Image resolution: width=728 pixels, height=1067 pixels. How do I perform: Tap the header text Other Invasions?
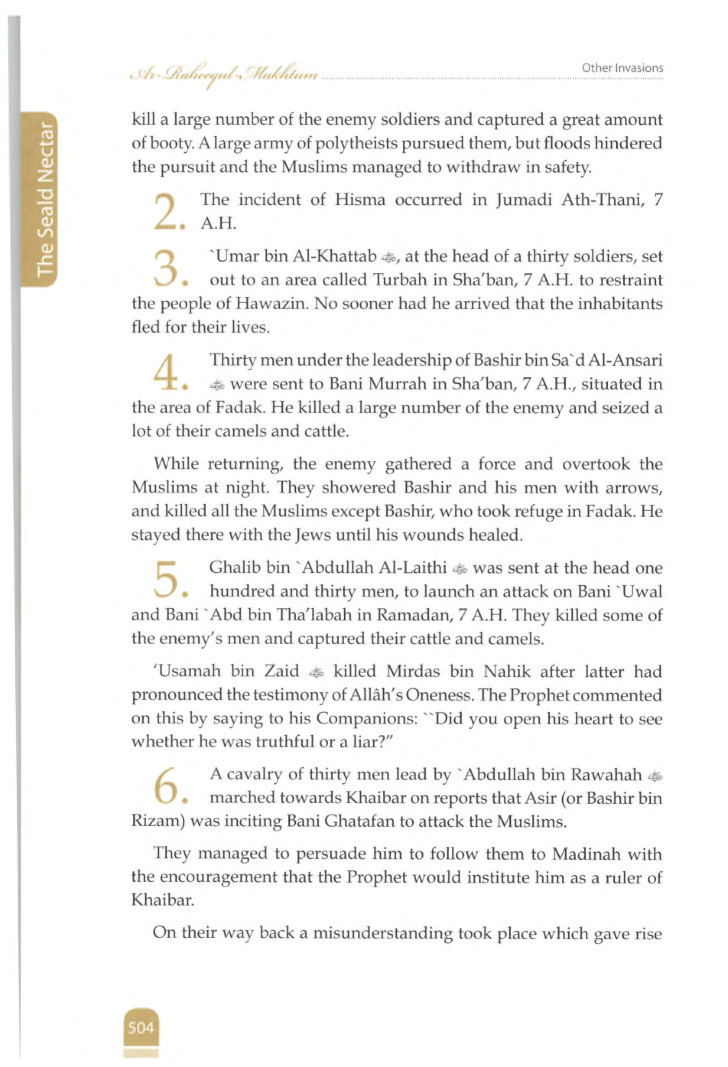pyautogui.click(x=622, y=68)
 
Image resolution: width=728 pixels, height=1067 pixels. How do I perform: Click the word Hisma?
pyautogui.click(x=360, y=200)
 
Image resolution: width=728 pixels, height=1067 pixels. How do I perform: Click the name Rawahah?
pyautogui.click(x=606, y=775)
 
